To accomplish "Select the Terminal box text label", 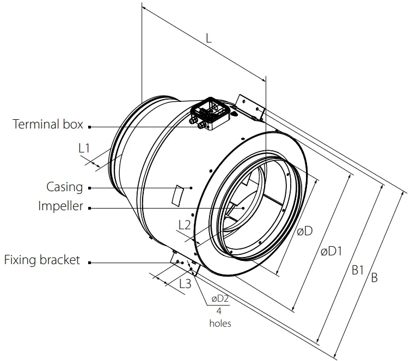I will (x=48, y=125).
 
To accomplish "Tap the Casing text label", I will (x=64, y=187).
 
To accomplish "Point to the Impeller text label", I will (x=60, y=206).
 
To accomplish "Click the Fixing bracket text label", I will (x=42, y=260).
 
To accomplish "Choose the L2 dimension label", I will (x=185, y=224).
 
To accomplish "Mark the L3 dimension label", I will (x=185, y=283).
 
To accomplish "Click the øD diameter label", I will (x=304, y=231).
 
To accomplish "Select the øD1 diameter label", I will (x=331, y=251).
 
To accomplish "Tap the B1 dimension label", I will (x=357, y=270).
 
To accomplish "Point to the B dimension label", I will (x=374, y=278).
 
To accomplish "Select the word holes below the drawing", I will (x=220, y=323).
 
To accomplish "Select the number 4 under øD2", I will (x=219, y=311).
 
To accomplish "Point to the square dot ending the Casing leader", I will (x=89, y=188).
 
